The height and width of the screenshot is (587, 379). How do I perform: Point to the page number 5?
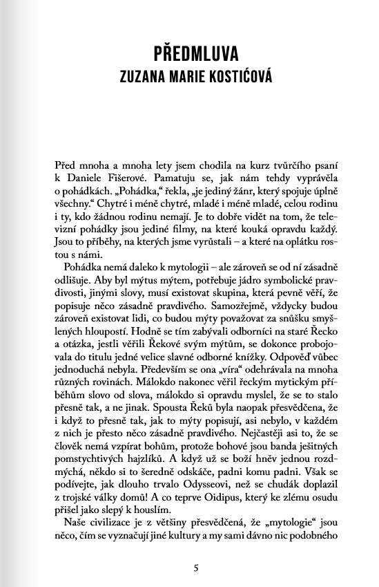[x=197, y=568]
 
